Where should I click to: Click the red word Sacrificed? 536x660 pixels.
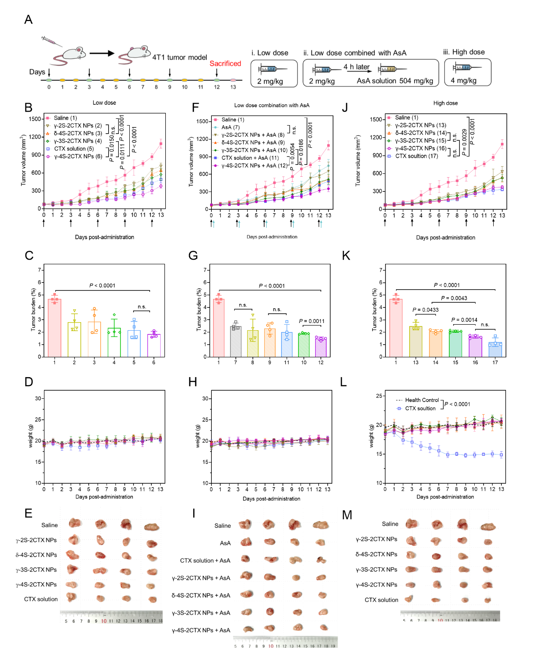pyautogui.click(x=225, y=63)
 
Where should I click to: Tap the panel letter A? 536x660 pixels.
pyautogui.click(x=28, y=19)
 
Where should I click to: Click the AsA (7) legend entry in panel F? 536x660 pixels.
pyautogui.click(x=230, y=127)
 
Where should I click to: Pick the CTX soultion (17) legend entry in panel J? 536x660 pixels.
pyautogui.click(x=416, y=156)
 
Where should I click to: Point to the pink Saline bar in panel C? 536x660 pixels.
pyautogui.click(x=55, y=328)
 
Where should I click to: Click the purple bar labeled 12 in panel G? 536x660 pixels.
pyautogui.click(x=321, y=347)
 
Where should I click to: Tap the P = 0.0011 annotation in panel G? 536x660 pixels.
pyautogui.click(x=312, y=321)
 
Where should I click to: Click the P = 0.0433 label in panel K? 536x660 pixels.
pyautogui.click(x=425, y=310)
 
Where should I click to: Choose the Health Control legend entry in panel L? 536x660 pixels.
pyautogui.click(x=422, y=400)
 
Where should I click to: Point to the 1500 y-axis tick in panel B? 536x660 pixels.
pyautogui.click(x=35, y=119)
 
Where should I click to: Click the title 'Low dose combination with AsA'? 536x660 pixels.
pyautogui.click(x=272, y=105)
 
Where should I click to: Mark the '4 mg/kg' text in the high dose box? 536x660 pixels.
pyautogui.click(x=463, y=80)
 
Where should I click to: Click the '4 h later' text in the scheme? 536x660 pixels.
pyautogui.click(x=356, y=67)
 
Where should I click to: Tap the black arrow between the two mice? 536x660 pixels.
pyautogui.click(x=102, y=53)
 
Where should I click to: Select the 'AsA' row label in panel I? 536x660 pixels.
pyautogui.click(x=225, y=543)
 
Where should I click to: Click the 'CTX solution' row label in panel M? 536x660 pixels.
pyautogui.click(x=381, y=600)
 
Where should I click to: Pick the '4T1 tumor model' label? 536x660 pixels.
pyautogui.click(x=180, y=58)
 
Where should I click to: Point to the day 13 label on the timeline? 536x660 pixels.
pyautogui.click(x=233, y=87)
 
